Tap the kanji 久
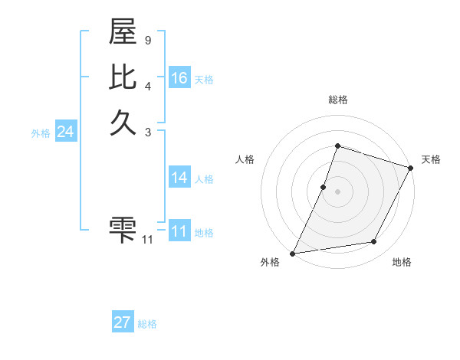[123, 123]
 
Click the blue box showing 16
[179, 78]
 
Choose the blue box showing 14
[179, 178]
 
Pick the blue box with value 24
[65, 132]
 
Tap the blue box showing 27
[123, 322]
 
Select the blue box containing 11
[179, 231]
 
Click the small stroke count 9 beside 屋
[147, 40]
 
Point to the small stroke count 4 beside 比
[147, 85]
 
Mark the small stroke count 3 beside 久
[147, 132]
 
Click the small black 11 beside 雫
[147, 240]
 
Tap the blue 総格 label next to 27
[147, 324]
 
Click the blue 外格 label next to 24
[41, 133]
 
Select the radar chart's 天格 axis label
[431, 159]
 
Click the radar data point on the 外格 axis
[292, 254]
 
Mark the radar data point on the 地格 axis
[374, 242]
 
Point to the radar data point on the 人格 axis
[324, 187]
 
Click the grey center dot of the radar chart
[337, 191]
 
